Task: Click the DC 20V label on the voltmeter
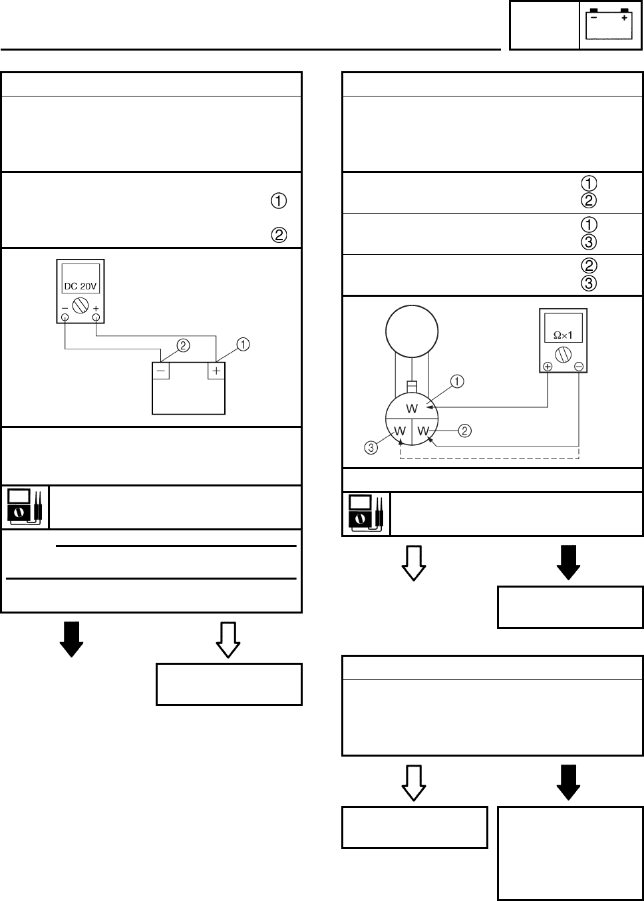click(x=80, y=286)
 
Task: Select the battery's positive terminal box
click(x=216, y=369)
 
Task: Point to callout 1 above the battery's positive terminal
click(x=243, y=344)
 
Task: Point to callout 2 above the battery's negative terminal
click(x=184, y=345)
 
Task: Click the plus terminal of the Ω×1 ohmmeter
click(x=548, y=367)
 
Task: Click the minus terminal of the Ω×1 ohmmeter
click(x=579, y=367)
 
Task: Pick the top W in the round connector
click(x=412, y=408)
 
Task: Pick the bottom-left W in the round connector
click(x=400, y=431)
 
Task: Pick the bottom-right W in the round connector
click(x=423, y=431)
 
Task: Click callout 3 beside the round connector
click(x=371, y=447)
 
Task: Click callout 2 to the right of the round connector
click(x=465, y=431)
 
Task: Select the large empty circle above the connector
click(x=412, y=330)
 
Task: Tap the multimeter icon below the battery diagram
click(x=25, y=508)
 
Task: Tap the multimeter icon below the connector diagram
click(x=366, y=514)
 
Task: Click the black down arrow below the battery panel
click(x=71, y=639)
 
